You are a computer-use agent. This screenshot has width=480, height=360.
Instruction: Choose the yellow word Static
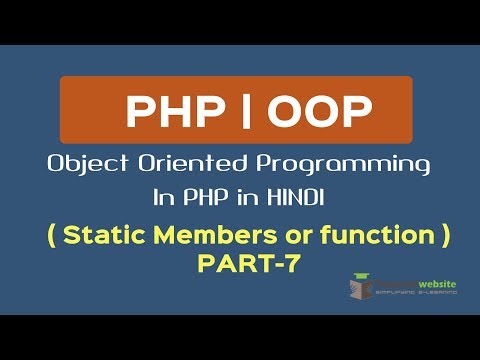(x=111, y=236)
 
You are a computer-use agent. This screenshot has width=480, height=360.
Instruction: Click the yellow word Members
(x=218, y=236)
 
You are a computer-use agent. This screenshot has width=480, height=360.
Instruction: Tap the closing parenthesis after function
(x=446, y=237)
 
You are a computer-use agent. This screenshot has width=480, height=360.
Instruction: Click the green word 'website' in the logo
(x=436, y=285)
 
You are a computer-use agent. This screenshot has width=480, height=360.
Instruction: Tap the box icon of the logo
(x=363, y=288)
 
